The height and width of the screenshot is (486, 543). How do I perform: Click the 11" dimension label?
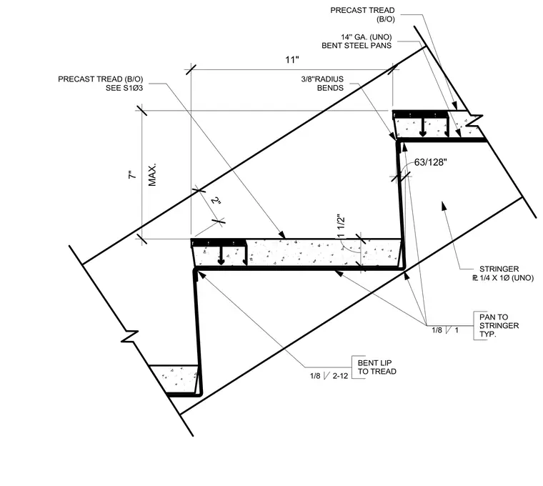coord(292,60)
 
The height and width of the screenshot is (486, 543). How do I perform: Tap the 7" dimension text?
coord(132,174)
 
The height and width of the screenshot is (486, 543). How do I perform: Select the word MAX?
coord(152,175)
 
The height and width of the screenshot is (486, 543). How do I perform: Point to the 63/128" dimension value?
coord(430,162)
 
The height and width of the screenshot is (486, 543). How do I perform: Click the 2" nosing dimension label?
coord(216,201)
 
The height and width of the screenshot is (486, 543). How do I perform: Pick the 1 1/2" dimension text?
coord(341,226)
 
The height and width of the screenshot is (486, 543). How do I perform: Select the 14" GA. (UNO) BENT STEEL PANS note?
coord(357,41)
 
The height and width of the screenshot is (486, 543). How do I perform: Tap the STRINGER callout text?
coord(503,273)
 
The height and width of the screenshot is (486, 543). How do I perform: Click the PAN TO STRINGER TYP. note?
coord(499,326)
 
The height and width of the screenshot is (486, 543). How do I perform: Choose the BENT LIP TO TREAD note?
coord(377,367)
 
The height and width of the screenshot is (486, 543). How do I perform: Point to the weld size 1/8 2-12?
coord(329,376)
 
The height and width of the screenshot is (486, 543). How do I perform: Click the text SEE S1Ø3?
coord(124,88)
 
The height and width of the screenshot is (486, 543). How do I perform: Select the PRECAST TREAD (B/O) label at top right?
coord(362,14)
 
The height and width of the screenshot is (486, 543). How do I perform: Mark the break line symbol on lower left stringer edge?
coord(130,336)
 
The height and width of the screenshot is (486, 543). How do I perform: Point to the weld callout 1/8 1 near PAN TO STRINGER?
coord(445,330)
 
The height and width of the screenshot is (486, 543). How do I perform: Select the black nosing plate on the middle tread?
coord(219,242)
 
